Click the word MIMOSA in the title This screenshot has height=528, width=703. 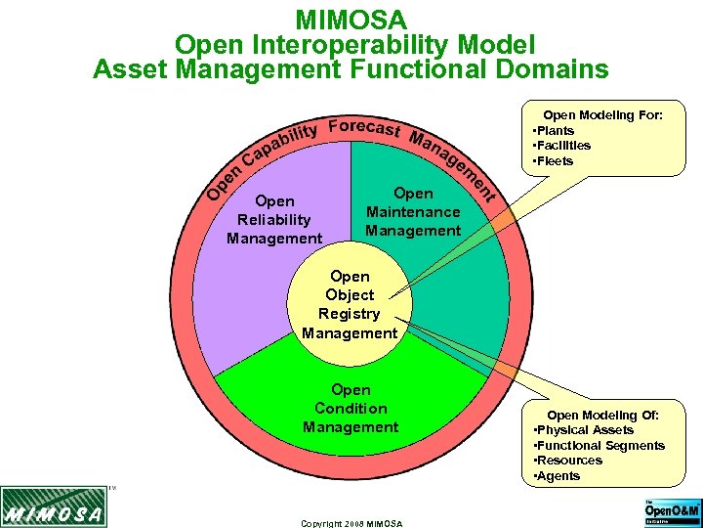[351, 20]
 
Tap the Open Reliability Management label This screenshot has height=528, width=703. [274, 220]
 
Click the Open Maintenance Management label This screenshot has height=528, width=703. [413, 212]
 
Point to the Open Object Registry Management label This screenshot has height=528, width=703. [350, 304]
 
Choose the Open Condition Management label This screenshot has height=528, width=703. [351, 409]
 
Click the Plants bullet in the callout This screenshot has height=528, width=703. [557, 131]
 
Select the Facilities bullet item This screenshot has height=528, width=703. [564, 146]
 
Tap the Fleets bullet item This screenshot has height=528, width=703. [556, 161]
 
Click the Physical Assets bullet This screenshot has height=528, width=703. [587, 430]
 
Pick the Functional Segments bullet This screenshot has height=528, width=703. [602, 446]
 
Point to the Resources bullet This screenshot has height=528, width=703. [571, 461]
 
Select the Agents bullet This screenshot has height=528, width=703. [559, 476]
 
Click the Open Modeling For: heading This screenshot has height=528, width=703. [602, 115]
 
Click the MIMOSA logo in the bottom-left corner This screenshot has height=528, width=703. [53, 507]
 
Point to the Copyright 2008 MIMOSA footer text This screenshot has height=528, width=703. [351, 524]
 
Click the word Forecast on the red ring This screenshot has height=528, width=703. [363, 128]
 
